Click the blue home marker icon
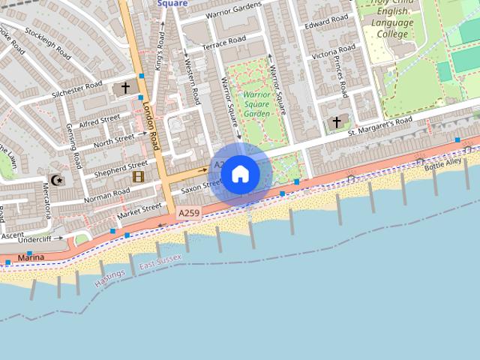pyautogui.click(x=240, y=174)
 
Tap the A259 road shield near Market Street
pyautogui.click(x=188, y=214)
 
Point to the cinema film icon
pyautogui.click(x=138, y=177)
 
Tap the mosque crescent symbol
pyautogui.click(x=55, y=179)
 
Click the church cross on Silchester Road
pyautogui.click(x=125, y=88)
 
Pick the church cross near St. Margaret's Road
pyautogui.click(x=337, y=121)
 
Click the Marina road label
pyautogui.click(x=31, y=258)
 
